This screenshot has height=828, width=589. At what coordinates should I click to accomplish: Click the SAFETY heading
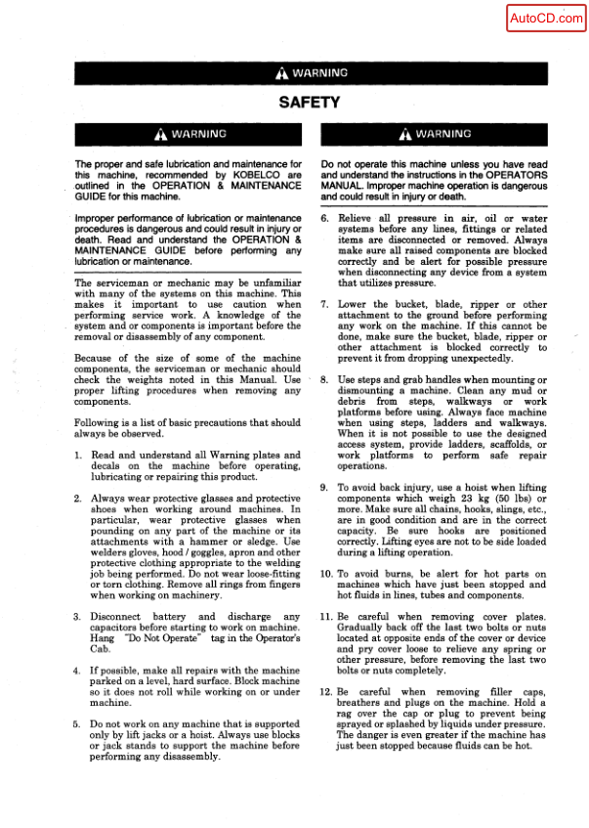pyautogui.click(x=309, y=102)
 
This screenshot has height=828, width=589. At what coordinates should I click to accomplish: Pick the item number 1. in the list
pyautogui.click(x=79, y=456)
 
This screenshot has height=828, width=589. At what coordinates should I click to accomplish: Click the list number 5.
pyautogui.click(x=79, y=723)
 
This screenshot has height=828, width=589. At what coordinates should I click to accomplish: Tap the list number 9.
pyautogui.click(x=324, y=487)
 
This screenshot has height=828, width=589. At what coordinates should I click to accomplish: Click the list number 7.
pyautogui.click(x=324, y=305)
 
